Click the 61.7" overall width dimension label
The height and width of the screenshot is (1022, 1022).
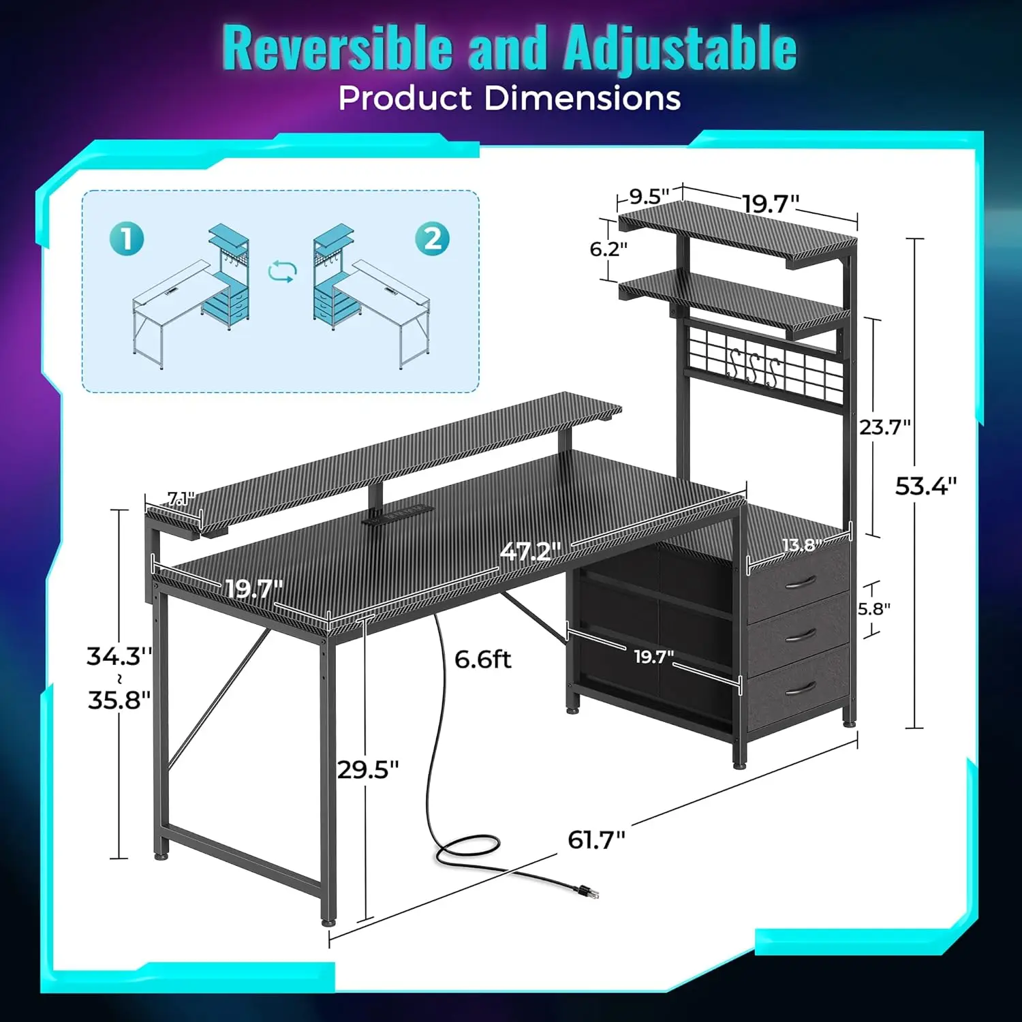click(596, 839)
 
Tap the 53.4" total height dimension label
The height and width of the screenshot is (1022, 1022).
click(925, 486)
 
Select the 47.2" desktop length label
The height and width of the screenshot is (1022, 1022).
click(530, 551)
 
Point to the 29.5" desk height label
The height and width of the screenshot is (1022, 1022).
click(368, 770)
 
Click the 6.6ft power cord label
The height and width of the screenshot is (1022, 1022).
click(482, 660)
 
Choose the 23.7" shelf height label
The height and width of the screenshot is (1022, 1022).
click(884, 427)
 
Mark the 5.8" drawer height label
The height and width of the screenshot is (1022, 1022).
click(873, 608)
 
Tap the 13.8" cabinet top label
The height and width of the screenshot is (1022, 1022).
click(800, 545)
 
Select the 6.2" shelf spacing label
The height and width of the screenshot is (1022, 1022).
click(608, 249)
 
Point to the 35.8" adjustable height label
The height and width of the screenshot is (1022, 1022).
click(119, 700)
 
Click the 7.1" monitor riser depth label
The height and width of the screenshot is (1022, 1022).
click(181, 499)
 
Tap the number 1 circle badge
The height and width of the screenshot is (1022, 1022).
click(127, 238)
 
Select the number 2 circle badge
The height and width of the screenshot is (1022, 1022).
click(433, 238)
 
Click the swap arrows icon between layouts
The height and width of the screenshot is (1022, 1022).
click(282, 271)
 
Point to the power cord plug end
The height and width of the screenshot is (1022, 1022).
click(588, 891)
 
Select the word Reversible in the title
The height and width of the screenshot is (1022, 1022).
click(337, 48)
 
